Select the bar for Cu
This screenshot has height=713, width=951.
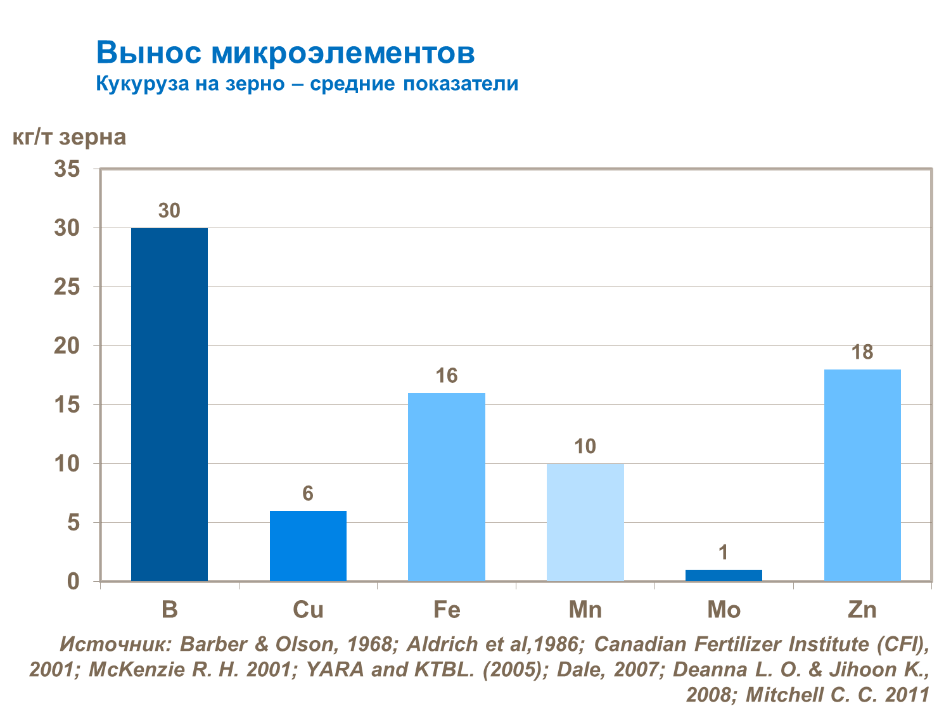(308, 546)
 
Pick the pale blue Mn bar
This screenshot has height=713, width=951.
(585, 522)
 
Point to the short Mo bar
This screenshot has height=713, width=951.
(724, 575)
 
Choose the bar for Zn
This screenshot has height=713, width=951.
(862, 475)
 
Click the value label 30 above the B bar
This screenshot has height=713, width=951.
(169, 210)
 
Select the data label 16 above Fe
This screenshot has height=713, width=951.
(447, 376)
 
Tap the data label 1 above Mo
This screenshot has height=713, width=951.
(724, 553)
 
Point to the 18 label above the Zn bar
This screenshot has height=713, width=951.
(862, 352)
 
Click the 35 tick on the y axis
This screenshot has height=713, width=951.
(67, 169)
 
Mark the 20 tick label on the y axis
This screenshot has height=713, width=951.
(67, 346)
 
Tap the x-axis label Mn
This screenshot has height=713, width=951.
(585, 610)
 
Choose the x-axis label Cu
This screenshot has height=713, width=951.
(308, 610)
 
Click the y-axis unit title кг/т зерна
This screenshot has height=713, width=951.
(70, 137)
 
